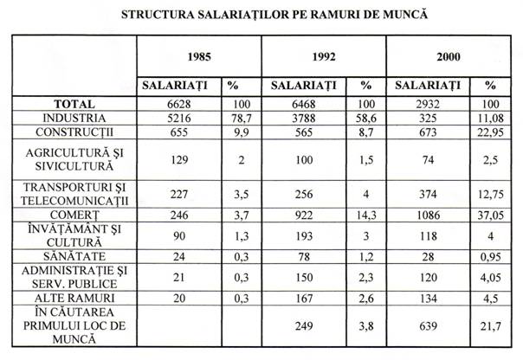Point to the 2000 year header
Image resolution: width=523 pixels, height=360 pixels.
[x=449, y=56]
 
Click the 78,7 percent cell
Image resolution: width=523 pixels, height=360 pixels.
[x=235, y=117]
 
